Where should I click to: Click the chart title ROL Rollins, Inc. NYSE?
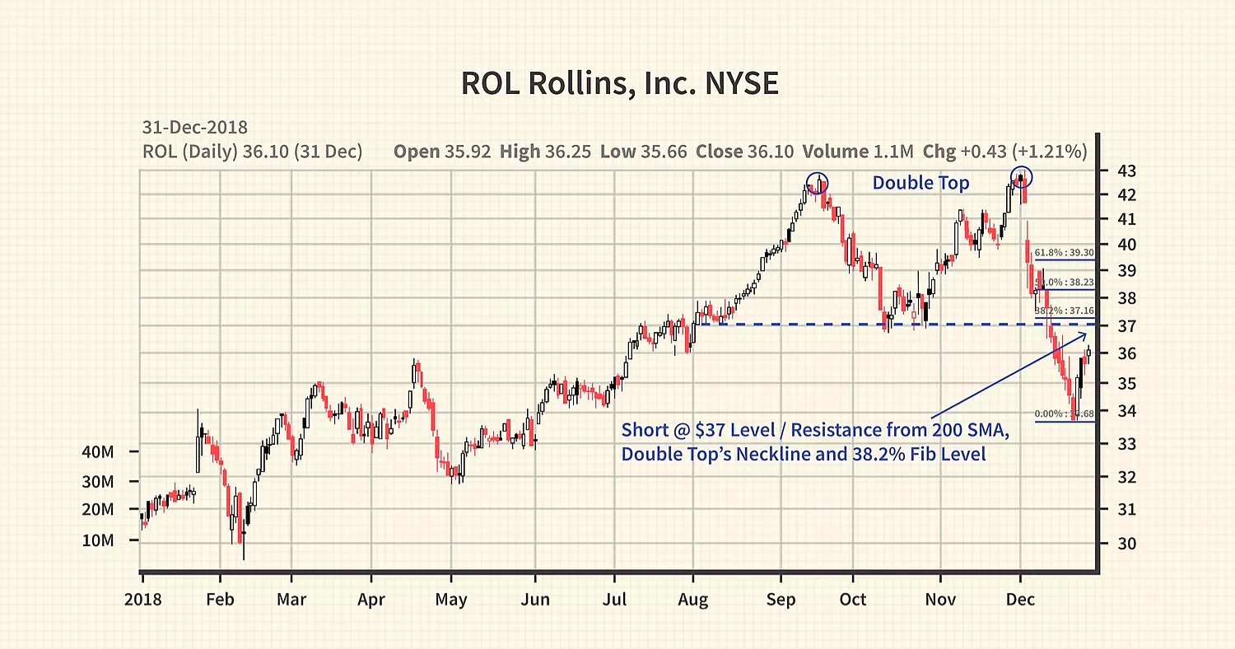coord(619,84)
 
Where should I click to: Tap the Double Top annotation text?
coord(920,183)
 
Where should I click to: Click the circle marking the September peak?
coord(817,182)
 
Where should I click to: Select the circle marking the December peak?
coord(1021,176)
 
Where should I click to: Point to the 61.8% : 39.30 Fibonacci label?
coord(1064,253)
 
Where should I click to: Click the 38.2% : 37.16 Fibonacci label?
coord(1064,310)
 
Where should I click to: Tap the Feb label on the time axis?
coord(220,600)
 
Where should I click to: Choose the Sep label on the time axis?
coord(781,600)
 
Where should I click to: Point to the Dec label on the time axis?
coord(1020,600)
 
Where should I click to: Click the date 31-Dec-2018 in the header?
coord(195,128)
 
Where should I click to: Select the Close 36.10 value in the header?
coord(744,152)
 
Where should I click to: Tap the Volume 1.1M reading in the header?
coord(860,152)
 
